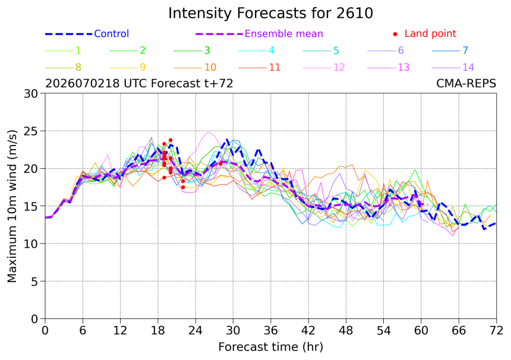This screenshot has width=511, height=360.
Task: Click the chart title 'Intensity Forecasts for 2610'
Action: (x=270, y=13)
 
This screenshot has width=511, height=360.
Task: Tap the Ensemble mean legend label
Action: (x=284, y=34)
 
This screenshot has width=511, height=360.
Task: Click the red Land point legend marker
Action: (x=395, y=34)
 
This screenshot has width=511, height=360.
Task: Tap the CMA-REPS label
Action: (x=466, y=84)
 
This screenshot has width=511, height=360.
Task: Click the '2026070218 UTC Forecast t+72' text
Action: (x=139, y=84)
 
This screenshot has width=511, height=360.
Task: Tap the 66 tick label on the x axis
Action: (x=459, y=331)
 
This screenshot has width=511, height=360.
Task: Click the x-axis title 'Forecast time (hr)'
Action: (x=270, y=347)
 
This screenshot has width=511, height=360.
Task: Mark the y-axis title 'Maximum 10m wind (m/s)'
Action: (x=12, y=206)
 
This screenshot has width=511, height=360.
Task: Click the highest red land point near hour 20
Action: (x=171, y=140)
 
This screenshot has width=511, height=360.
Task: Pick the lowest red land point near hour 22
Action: (x=183, y=187)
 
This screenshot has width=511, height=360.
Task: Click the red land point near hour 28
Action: (x=220, y=164)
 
